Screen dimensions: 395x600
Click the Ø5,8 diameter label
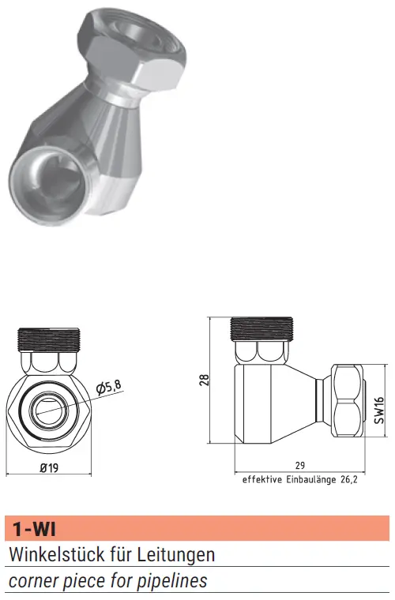click(108, 387)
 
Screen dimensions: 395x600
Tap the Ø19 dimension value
click(49, 467)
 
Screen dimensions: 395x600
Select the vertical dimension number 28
click(205, 380)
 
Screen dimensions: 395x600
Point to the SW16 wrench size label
click(378, 411)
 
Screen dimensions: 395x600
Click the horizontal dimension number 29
click(300, 465)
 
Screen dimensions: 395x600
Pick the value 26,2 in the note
click(348, 480)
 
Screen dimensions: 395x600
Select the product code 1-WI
click(34, 530)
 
